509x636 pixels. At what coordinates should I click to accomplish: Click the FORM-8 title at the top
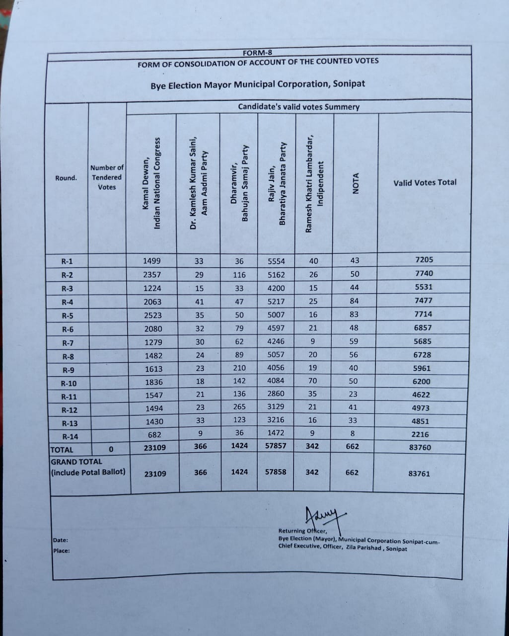click(x=257, y=53)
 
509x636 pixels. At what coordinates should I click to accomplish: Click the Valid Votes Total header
click(x=425, y=182)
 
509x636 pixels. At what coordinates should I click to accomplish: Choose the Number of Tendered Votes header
click(x=107, y=177)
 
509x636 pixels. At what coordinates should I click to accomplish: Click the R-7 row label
click(x=68, y=343)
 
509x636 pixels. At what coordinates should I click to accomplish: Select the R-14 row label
click(x=70, y=437)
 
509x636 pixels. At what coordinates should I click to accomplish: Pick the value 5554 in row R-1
click(x=276, y=261)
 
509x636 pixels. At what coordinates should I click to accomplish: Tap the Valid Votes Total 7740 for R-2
click(x=423, y=273)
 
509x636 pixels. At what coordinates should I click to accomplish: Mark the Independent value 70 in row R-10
click(x=312, y=382)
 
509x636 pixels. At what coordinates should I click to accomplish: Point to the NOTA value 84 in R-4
click(x=354, y=301)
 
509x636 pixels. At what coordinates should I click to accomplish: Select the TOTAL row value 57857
click(x=276, y=446)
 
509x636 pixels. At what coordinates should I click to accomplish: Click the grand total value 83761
click(x=419, y=474)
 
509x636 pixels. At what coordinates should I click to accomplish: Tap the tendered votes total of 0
click(x=111, y=449)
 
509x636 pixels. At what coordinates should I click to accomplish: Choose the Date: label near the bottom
click(x=61, y=540)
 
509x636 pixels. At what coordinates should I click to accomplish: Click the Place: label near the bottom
click(x=62, y=551)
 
